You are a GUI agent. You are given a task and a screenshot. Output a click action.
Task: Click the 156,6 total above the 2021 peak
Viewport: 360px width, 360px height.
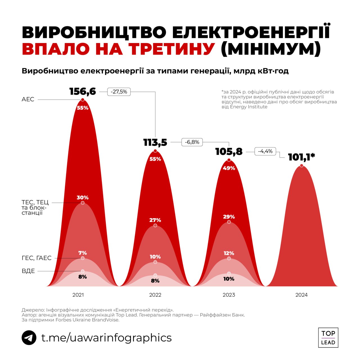pos(82,91)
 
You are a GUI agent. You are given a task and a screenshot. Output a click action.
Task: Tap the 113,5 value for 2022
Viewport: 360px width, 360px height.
pos(155,143)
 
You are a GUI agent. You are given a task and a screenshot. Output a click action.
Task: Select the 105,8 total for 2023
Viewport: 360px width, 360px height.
pos(229,152)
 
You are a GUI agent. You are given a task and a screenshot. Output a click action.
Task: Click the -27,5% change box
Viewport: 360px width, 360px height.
pos(119,92)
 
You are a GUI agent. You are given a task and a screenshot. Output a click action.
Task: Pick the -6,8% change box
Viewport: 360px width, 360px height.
pos(192,142)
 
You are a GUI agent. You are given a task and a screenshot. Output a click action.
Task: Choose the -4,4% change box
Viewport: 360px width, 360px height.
pos(265,151)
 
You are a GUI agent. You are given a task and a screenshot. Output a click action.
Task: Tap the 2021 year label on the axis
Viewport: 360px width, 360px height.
pos(78,295)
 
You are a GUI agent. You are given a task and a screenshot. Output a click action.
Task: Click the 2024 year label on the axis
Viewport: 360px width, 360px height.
pos(301,295)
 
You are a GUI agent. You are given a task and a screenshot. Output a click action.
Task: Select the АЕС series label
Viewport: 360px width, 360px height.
pos(28,99)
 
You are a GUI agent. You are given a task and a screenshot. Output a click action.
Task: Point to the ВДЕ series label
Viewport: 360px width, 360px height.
pos(28,271)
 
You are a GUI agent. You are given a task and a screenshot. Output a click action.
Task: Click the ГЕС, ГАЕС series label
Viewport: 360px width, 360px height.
pos(37,258)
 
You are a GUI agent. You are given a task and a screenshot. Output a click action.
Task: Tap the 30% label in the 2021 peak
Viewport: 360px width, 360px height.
pos(83,197)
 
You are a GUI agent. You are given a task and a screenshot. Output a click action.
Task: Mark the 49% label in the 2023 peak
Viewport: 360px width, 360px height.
pos(229,168)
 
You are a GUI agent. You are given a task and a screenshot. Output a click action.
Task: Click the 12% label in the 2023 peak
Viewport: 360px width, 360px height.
pos(229,253)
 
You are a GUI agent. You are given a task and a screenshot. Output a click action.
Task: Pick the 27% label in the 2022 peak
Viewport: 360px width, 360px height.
pos(155,220)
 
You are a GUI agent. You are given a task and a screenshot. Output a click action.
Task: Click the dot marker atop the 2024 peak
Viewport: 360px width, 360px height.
pos(301,166)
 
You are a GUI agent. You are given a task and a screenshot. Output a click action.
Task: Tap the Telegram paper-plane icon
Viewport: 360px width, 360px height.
pos(29,337)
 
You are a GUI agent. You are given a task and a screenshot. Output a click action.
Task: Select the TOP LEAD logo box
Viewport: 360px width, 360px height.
pos(328,337)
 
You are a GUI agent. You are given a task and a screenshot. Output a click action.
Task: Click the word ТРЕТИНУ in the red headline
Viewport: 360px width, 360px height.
pos(172,49)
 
